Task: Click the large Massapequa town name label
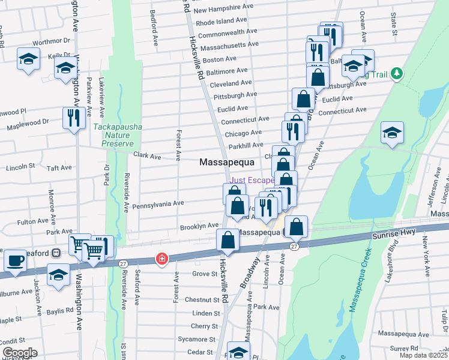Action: coord(227,162)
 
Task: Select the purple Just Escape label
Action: coord(252,179)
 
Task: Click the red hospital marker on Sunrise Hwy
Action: coord(161,259)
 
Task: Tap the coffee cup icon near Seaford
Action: coord(15,261)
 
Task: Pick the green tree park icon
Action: coord(396,73)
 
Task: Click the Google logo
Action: coord(20,353)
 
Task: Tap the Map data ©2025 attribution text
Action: coord(424,355)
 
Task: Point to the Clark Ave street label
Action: coord(147,156)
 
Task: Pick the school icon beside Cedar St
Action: coord(238,352)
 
